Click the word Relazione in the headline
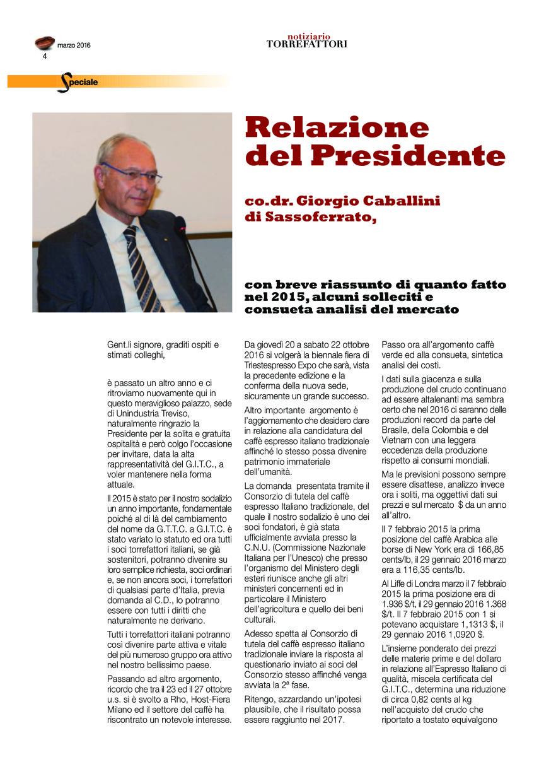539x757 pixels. pyautogui.click(x=337, y=128)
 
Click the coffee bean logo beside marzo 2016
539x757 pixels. pyautogui.click(x=44, y=43)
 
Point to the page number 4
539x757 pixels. pyautogui.click(x=45, y=56)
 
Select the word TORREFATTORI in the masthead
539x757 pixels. pyautogui.click(x=306, y=44)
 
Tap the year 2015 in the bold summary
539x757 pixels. pyautogui.click(x=283, y=297)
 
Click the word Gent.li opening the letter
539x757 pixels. pyautogui.click(x=120, y=344)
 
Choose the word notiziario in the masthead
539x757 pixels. pyautogui.click(x=309, y=37)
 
